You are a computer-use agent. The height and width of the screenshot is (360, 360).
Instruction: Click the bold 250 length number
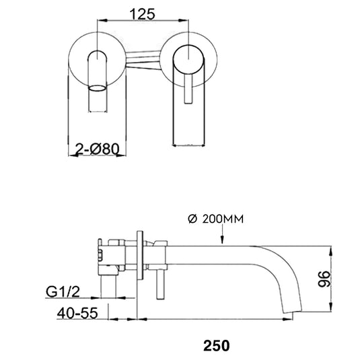tap(217, 346)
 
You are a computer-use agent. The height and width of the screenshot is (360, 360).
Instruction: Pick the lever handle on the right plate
tap(188, 84)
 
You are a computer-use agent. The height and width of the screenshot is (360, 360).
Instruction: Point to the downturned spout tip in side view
tap(293, 307)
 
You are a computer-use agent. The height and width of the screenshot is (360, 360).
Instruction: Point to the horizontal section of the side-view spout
tap(215, 256)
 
